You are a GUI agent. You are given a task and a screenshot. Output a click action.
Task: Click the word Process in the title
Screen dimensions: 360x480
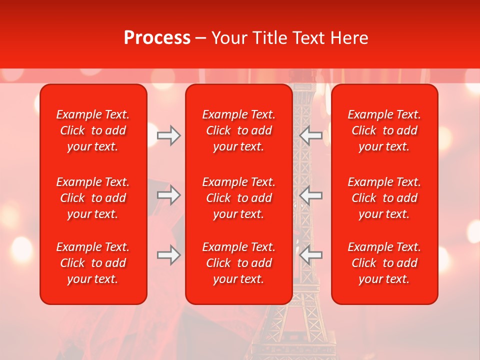157,38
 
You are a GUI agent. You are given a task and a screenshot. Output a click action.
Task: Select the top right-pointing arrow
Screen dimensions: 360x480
169,135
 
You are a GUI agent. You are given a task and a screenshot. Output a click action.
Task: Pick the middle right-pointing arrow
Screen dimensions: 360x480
169,195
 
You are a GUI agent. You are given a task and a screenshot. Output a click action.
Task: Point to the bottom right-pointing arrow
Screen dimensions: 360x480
169,255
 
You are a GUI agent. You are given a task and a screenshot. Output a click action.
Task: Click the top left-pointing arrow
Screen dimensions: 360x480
311,135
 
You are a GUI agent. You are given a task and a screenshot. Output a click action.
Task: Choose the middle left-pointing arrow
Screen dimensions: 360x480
311,195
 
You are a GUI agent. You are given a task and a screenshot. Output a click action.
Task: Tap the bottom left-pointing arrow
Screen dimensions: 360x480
311,255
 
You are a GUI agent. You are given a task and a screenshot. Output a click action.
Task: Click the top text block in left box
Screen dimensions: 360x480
93,130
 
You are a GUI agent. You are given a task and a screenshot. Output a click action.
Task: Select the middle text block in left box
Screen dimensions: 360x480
93,198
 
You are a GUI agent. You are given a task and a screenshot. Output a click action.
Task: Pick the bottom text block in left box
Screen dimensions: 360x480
93,263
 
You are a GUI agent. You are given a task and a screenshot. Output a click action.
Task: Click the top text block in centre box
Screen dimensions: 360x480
239,130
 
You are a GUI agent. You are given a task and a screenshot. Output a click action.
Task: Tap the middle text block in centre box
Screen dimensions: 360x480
239,198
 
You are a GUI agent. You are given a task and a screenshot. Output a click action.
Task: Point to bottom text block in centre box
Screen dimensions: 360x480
239,263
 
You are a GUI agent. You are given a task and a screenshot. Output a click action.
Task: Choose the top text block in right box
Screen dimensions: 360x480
384,130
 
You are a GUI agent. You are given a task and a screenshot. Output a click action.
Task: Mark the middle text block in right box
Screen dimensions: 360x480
384,198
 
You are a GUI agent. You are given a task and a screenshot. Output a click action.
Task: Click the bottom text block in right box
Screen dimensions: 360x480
384,263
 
